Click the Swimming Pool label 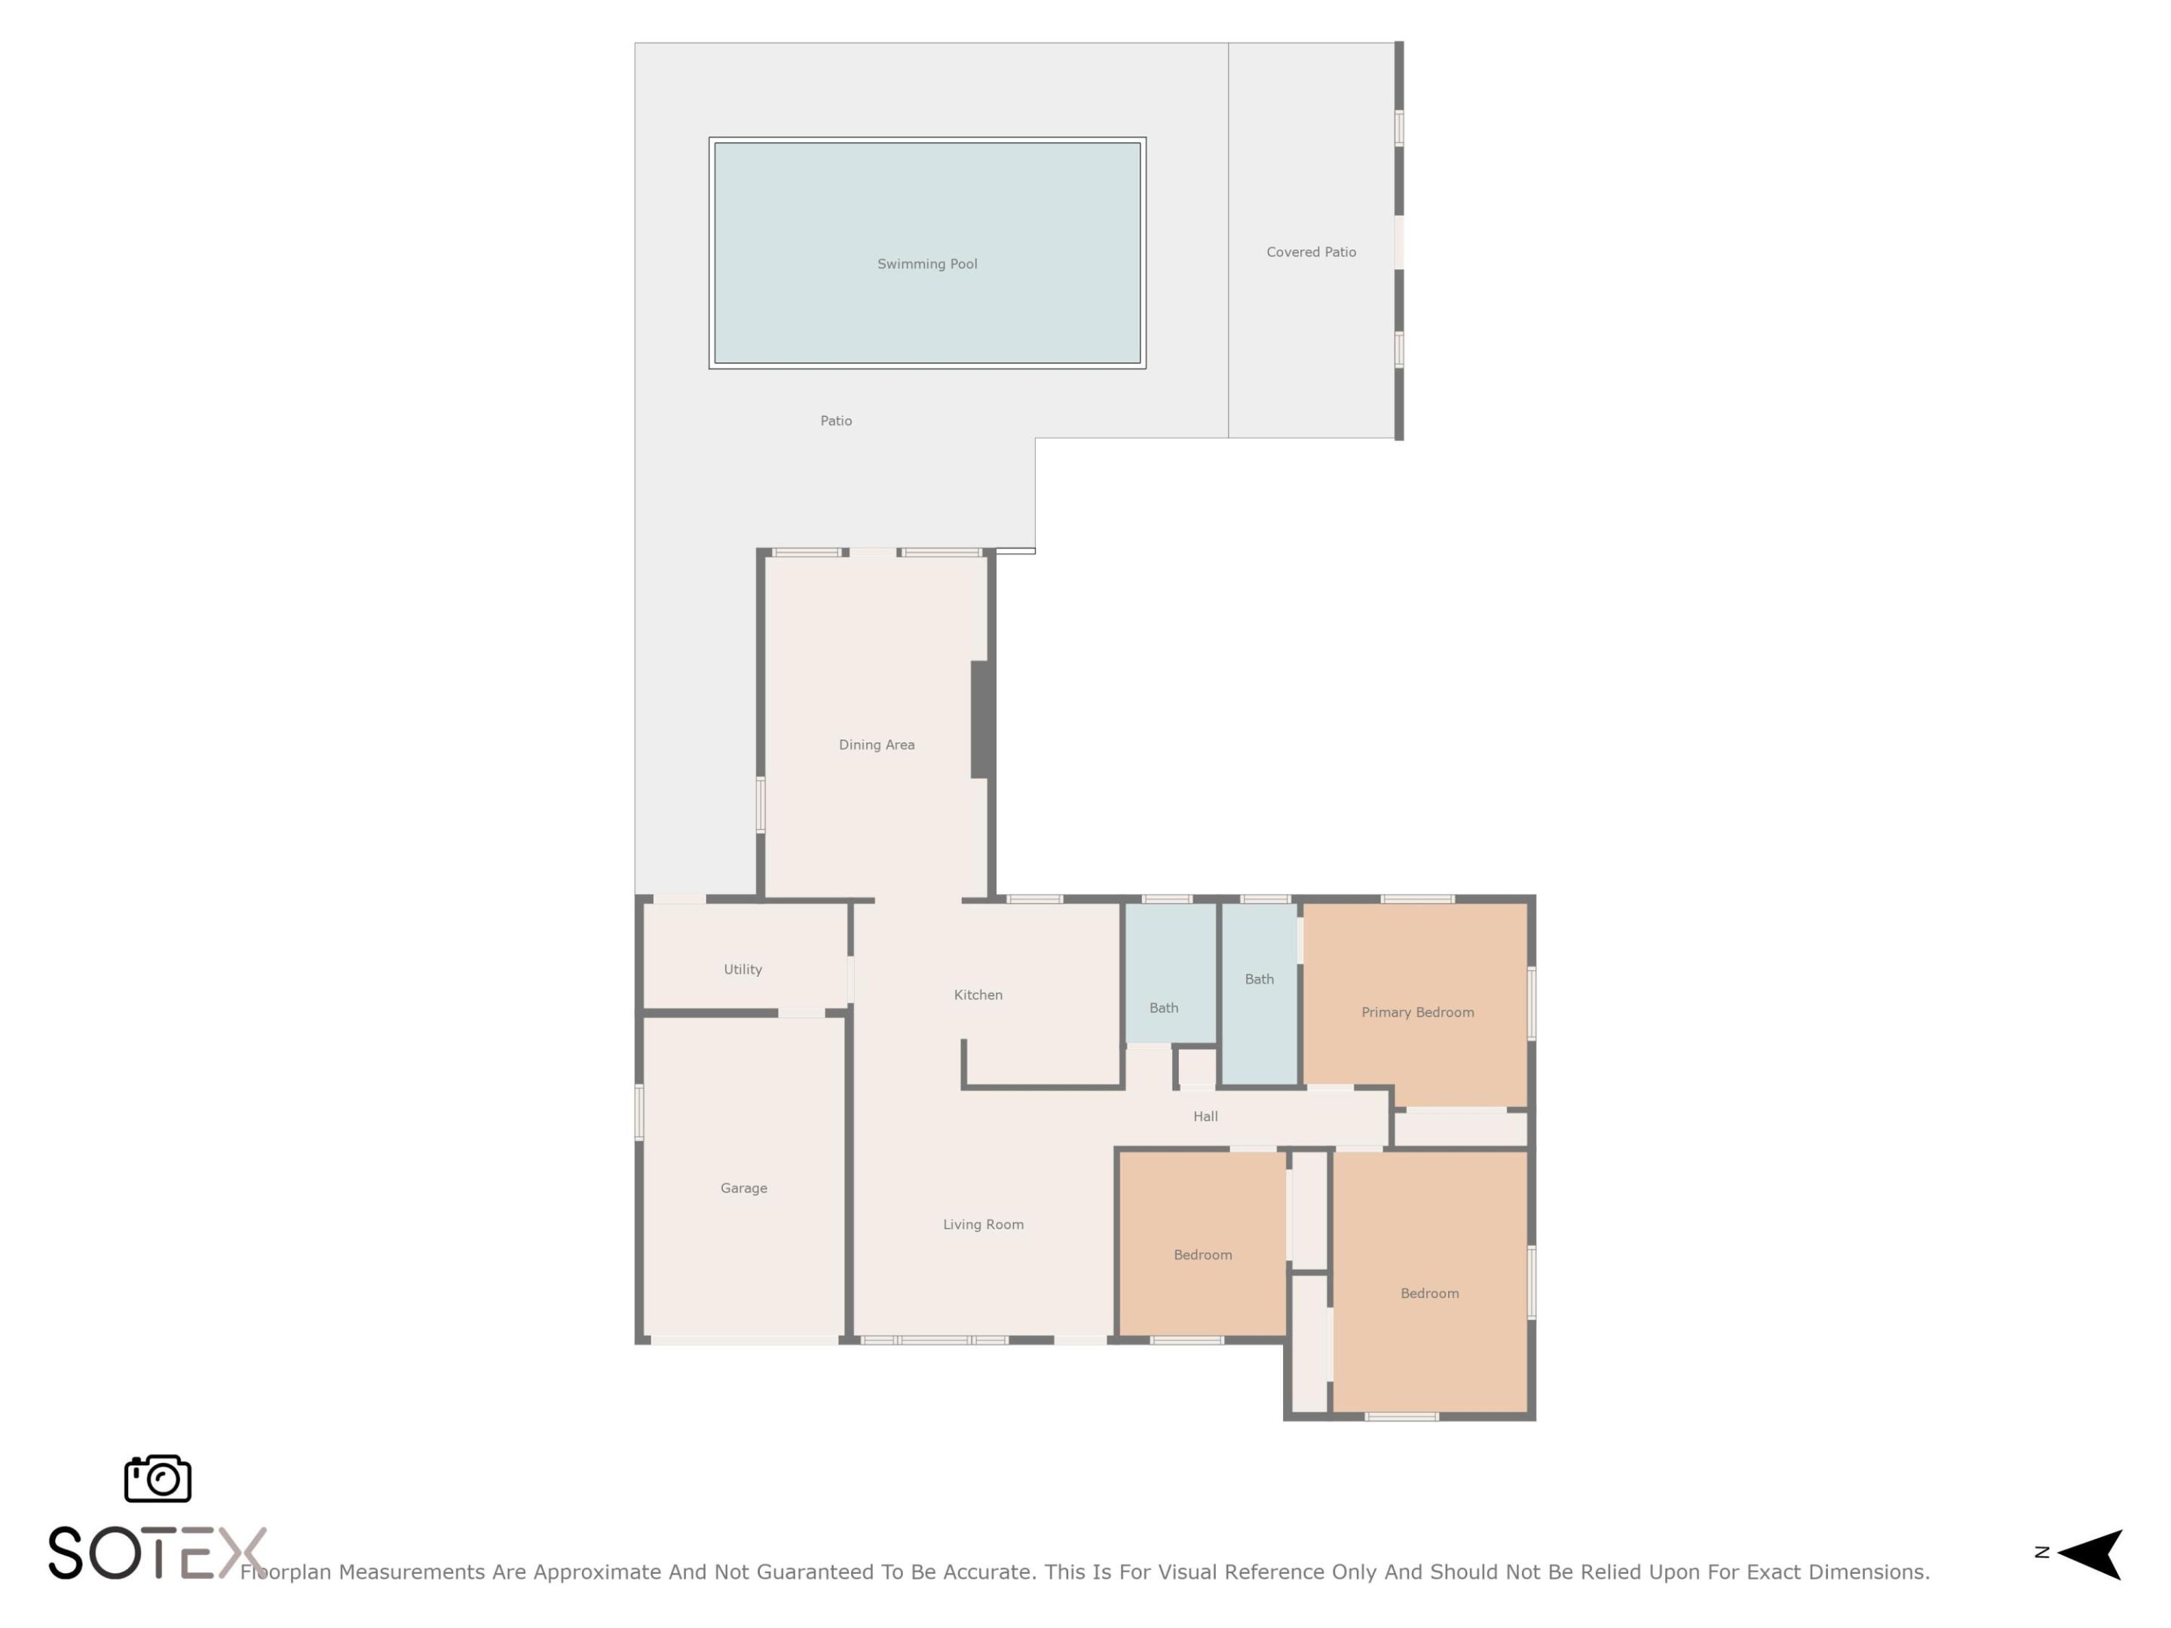coord(926,264)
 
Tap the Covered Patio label coord(1310,252)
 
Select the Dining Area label coord(877,745)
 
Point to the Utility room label coord(743,969)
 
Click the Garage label coord(744,1189)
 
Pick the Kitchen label coord(978,995)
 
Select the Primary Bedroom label coord(1417,1013)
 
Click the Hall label coord(1205,1117)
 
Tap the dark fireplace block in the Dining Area coord(979,719)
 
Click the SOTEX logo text coord(157,1553)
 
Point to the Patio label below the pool coord(836,421)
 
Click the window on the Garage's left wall coord(640,1112)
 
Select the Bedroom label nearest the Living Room coord(1202,1255)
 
